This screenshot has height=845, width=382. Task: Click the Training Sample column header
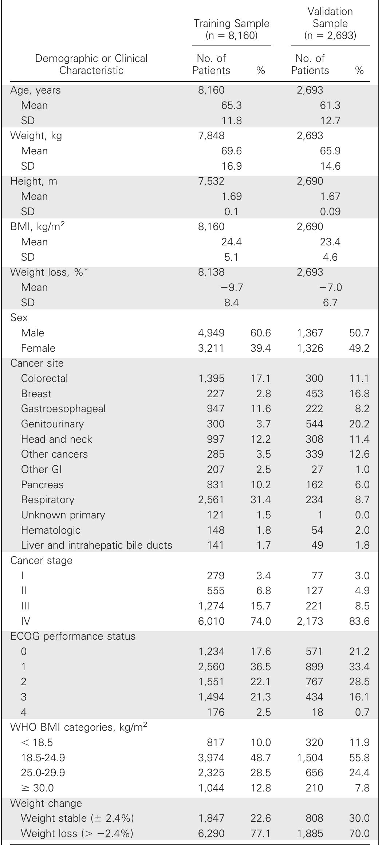232,29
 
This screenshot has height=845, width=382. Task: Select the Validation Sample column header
330,24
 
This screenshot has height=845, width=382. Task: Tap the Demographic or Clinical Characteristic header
91,64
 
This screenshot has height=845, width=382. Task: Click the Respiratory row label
47,500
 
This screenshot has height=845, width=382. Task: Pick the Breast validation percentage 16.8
359,394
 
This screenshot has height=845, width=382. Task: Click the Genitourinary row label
52,424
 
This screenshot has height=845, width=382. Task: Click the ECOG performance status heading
73,636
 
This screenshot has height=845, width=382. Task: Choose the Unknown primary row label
63,515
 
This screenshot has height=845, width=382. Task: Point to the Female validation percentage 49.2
359,348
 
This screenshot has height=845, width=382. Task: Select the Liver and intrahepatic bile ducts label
97,545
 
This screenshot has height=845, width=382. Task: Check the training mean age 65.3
232,105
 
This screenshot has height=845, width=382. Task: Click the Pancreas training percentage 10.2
260,485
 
